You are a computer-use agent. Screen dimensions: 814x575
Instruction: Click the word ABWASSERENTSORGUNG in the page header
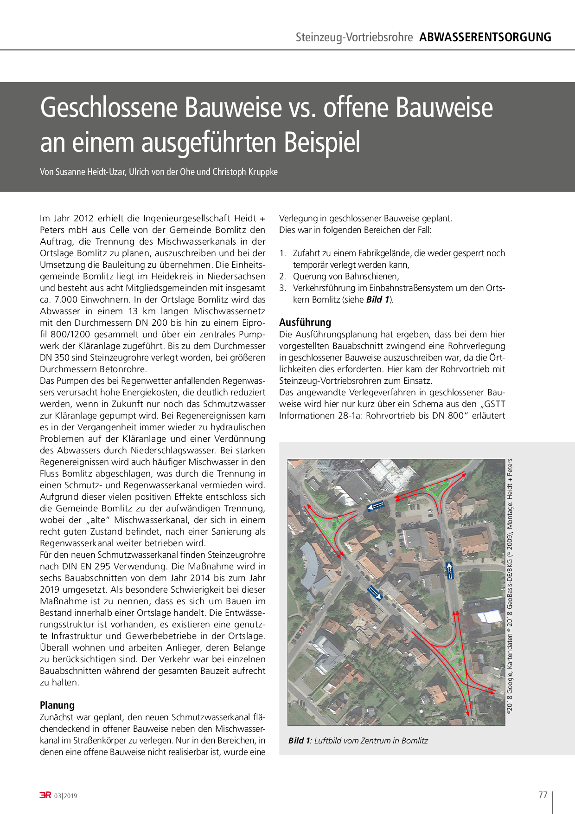coord(485,37)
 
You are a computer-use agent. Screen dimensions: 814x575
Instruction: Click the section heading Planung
coord(57,705)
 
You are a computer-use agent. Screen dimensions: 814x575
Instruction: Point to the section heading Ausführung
coord(305,322)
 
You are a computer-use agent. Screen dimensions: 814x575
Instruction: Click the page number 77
coord(543,795)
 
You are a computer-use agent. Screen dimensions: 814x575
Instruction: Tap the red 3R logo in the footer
coord(45,795)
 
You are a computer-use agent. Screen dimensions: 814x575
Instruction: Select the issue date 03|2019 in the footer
coord(65,796)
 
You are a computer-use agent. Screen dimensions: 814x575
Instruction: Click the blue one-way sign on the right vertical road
coord(449,570)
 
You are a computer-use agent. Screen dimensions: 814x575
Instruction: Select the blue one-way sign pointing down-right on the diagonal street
coord(374,593)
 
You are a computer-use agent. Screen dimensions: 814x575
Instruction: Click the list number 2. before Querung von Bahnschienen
coord(282,277)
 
